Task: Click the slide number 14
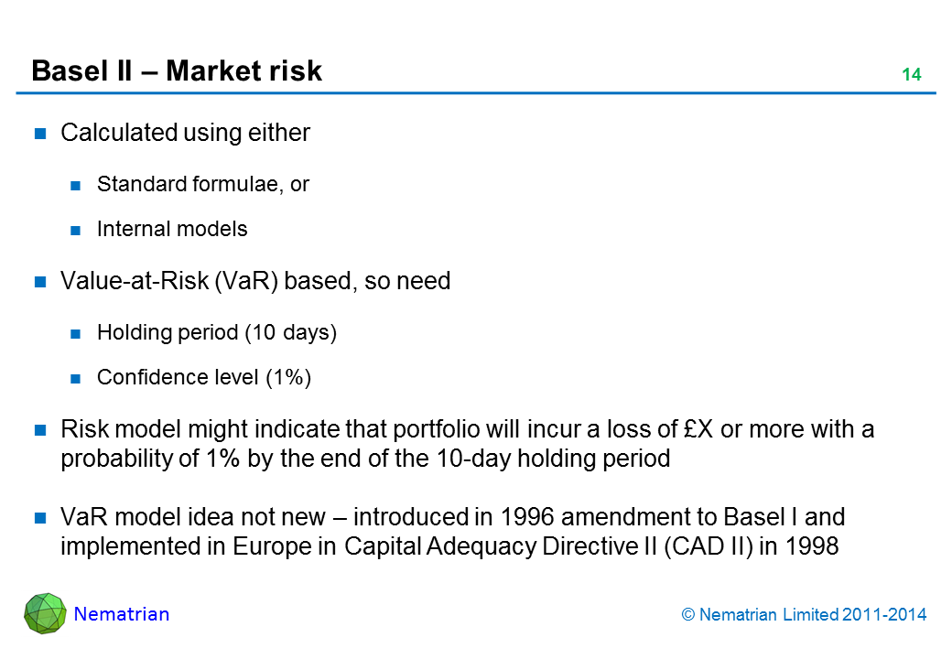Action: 911,75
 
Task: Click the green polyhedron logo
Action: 45,613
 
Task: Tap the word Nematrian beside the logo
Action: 122,614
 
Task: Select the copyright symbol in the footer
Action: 690,615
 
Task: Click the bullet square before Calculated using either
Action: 41,134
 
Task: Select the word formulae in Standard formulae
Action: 238,184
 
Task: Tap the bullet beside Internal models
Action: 77,230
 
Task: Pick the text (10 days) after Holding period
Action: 290,332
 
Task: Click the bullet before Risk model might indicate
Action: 41,430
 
